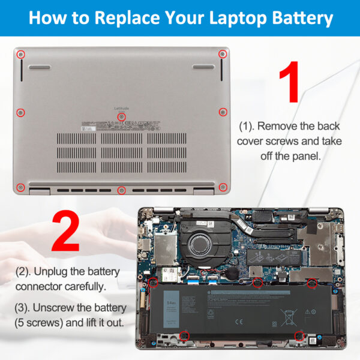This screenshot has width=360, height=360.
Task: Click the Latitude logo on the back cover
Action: [121, 108]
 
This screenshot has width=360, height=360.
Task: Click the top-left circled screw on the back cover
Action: [21, 54]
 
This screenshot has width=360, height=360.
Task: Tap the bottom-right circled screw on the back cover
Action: [223, 187]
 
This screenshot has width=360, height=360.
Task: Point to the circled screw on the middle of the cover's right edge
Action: [223, 111]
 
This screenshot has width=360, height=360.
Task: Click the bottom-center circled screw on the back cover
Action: [122, 190]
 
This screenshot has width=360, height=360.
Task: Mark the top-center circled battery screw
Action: [257, 282]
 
